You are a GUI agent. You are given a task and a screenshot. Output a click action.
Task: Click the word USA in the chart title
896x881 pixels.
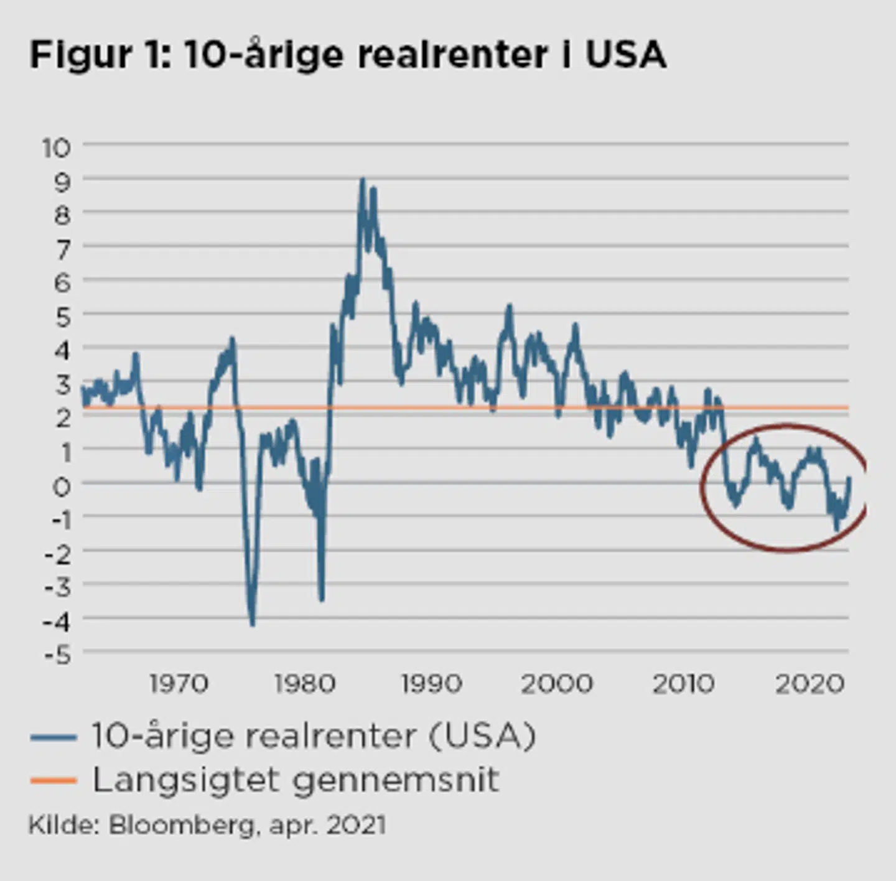point(626,55)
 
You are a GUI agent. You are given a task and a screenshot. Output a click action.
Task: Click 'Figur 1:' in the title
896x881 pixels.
point(100,55)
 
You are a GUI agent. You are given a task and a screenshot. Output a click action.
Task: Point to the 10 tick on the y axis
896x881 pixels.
point(57,148)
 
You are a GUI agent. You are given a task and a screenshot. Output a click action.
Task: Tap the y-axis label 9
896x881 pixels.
point(63,182)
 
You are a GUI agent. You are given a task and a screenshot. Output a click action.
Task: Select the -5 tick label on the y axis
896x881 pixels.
point(58,655)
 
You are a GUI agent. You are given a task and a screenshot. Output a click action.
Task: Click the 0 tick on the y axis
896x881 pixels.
point(62,486)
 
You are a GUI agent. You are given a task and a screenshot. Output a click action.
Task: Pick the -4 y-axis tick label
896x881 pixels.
point(57,621)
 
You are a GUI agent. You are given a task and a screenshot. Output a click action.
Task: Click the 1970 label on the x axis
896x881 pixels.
point(179,684)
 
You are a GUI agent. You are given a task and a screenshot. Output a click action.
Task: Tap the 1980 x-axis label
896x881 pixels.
point(305,684)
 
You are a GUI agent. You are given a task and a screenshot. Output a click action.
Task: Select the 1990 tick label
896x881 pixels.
point(431,684)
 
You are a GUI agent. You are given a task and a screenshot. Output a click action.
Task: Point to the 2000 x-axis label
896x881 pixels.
point(557,684)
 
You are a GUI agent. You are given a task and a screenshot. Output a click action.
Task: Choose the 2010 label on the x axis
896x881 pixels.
point(683,684)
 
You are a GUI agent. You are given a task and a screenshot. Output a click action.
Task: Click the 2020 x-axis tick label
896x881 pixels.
point(810,684)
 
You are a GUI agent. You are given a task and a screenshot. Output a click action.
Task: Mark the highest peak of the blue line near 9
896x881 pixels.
point(363,180)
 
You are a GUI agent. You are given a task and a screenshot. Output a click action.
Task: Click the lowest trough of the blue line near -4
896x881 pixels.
point(252,623)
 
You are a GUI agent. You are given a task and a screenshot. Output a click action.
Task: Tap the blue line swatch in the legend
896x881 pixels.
point(54,737)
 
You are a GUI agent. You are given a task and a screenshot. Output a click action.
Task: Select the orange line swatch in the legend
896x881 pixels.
point(54,780)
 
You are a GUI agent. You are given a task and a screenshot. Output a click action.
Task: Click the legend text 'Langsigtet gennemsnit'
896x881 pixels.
point(296,780)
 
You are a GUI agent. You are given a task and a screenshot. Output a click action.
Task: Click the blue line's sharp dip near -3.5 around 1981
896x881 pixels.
point(321,599)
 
